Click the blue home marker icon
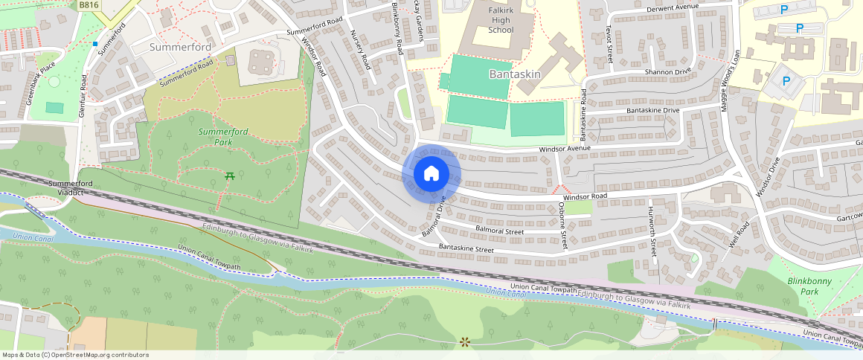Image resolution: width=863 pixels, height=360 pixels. pyautogui.click(x=431, y=174)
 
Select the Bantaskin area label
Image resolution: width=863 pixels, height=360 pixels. pyautogui.click(x=514, y=74)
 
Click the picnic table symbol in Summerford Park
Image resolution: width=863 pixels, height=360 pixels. pyautogui.click(x=229, y=176)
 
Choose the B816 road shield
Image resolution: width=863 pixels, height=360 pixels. pyautogui.click(x=89, y=4)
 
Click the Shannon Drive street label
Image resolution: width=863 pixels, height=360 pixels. pyautogui.click(x=648, y=72)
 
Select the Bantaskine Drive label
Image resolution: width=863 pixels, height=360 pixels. pyautogui.click(x=652, y=110)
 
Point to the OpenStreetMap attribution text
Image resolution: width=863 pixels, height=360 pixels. pyautogui.click(x=75, y=355)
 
